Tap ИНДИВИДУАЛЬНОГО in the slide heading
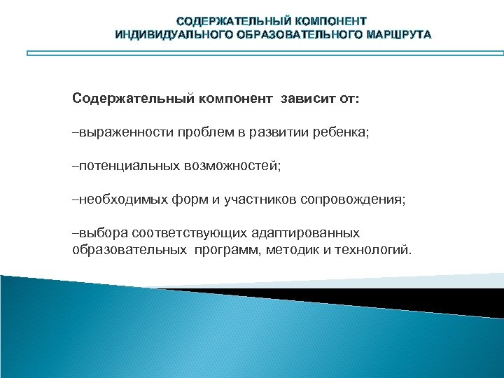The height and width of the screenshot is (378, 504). click(x=162, y=34)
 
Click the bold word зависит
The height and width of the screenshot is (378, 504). click(x=307, y=99)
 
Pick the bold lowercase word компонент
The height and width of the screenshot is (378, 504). click(x=238, y=99)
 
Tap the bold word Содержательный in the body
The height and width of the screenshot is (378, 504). click(x=132, y=99)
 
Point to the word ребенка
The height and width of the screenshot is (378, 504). click(x=343, y=132)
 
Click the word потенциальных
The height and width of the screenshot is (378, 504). click(x=129, y=166)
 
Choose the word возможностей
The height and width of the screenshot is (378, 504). click(x=230, y=166)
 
